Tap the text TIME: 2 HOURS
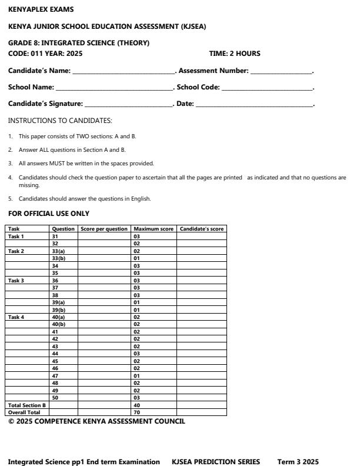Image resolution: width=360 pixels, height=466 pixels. [235, 54]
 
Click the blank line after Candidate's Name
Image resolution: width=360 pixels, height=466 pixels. [123, 72]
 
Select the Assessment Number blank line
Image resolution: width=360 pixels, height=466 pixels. [282, 72]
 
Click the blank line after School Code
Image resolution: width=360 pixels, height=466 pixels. [268, 88]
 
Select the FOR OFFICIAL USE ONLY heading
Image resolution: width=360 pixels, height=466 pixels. [49, 214]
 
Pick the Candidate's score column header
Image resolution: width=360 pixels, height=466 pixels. [201, 229]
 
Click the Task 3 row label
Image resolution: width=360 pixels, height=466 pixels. [16, 281]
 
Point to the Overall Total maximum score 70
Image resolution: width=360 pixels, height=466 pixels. [136, 412]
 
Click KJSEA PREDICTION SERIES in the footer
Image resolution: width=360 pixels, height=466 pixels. [215, 462]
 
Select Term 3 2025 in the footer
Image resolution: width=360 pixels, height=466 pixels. [298, 462]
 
